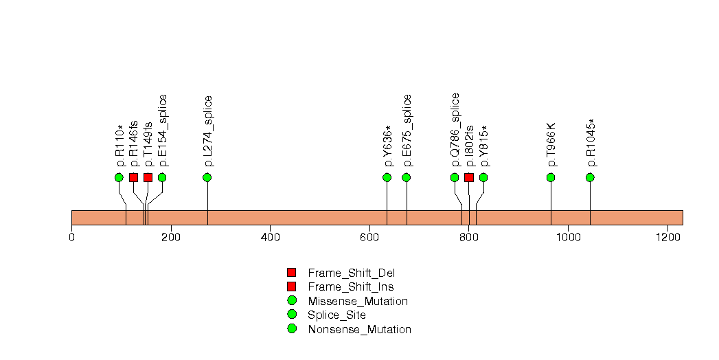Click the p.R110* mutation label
119,146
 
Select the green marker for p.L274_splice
207,177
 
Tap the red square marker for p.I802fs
469,177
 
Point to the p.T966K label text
551,145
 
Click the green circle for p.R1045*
590,177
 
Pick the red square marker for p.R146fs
133,177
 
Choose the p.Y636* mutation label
387,146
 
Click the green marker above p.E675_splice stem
406,177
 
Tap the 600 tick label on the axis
369,237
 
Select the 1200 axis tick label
667,237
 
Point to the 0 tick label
71,237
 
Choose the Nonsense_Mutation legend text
359,330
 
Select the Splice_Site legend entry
336,315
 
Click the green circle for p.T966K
551,177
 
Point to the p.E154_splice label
163,131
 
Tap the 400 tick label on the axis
270,237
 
